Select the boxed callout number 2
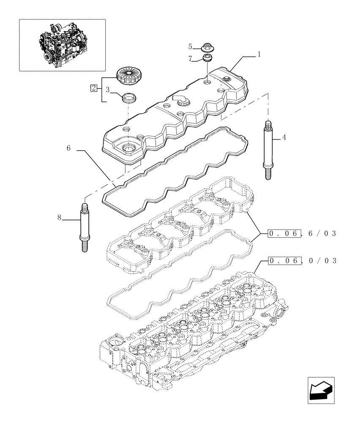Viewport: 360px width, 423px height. point(94,88)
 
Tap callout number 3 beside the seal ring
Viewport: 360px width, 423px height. point(108,90)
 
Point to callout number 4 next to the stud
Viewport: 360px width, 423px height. point(284,137)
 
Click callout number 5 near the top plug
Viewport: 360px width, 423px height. point(190,46)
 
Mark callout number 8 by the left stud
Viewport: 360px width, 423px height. point(60,217)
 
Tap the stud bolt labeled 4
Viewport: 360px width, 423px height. point(267,150)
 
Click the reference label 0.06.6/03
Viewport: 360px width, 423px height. point(302,233)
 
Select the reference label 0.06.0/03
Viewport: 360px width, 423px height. point(302,260)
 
